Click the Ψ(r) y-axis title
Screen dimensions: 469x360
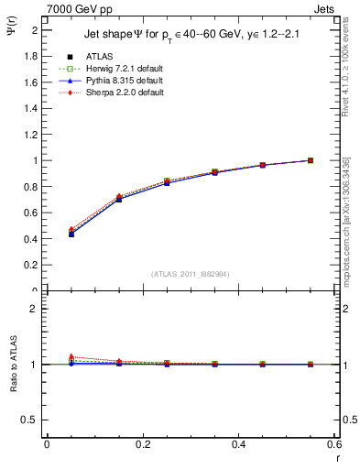(12, 29)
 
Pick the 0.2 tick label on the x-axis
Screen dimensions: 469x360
(142, 444)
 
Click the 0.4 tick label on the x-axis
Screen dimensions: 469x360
(238, 444)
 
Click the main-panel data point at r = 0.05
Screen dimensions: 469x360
(71, 234)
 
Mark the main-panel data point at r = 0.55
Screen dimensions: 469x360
(311, 160)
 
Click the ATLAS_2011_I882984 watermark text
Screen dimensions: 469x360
(190, 273)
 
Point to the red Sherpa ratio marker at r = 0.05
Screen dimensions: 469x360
(71, 356)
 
